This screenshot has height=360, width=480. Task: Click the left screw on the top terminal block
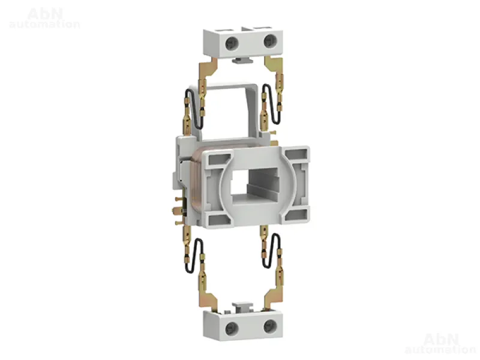pos(232,43)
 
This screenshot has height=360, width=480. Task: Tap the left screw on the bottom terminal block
pos(232,329)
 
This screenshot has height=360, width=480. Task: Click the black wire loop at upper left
pos(193,108)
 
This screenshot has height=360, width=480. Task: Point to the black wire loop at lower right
pos(272,251)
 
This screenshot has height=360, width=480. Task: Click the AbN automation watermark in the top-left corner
pos(45,18)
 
